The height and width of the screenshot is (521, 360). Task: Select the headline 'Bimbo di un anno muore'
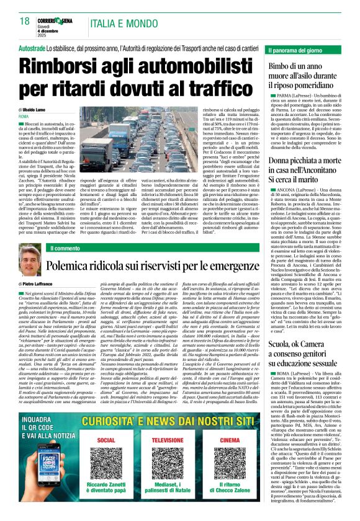point(305,74)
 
